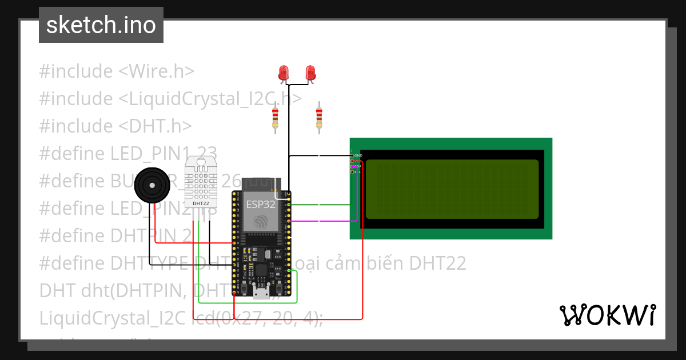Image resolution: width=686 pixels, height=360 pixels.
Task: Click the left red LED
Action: (283, 73)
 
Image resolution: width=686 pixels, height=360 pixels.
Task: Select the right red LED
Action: (310, 73)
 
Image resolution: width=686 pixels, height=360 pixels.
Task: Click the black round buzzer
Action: (151, 185)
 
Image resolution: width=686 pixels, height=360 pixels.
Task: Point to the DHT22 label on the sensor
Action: (201, 203)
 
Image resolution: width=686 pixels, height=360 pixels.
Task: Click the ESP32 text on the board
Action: (260, 204)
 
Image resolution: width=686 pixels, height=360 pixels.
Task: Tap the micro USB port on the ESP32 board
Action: (262, 293)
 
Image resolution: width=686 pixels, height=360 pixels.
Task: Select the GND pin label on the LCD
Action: (358, 155)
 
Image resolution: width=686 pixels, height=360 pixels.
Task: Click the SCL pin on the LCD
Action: (357, 171)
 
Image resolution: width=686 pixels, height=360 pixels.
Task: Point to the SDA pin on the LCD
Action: (357, 166)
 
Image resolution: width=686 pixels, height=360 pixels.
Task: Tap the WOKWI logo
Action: (607, 315)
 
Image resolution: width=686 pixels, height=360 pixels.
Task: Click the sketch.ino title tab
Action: (101, 25)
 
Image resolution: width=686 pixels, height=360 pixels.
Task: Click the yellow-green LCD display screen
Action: (452, 189)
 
